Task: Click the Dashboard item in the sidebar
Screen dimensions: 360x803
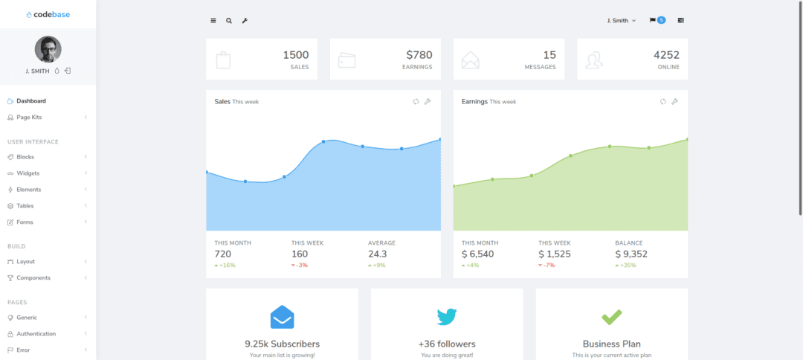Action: pyautogui.click(x=30, y=101)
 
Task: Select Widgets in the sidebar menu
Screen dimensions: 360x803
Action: pyautogui.click(x=28, y=173)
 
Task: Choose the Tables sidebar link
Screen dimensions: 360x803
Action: pyautogui.click(x=25, y=206)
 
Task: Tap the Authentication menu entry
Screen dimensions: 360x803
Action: pyautogui.click(x=36, y=334)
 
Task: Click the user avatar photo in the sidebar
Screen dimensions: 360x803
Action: pyautogui.click(x=48, y=49)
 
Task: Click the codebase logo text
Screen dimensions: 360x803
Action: pyautogui.click(x=51, y=14)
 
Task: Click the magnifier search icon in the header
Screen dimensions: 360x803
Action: pyautogui.click(x=229, y=21)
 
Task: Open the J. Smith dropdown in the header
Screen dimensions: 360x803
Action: pyautogui.click(x=622, y=21)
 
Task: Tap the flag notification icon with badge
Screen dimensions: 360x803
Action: pyautogui.click(x=657, y=20)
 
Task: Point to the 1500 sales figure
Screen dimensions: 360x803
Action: pyautogui.click(x=296, y=55)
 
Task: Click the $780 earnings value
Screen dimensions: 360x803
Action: pyautogui.click(x=419, y=55)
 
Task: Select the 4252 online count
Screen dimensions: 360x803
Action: pyautogui.click(x=666, y=55)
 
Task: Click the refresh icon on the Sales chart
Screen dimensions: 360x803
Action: pyautogui.click(x=416, y=102)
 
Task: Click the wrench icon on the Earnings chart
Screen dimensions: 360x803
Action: pyautogui.click(x=674, y=102)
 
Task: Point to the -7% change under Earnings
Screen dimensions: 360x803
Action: pyautogui.click(x=548, y=266)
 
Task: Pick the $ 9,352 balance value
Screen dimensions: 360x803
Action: pyautogui.click(x=631, y=254)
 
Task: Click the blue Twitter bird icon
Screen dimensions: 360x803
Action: pyautogui.click(x=447, y=317)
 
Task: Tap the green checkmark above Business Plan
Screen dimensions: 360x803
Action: pyautogui.click(x=611, y=317)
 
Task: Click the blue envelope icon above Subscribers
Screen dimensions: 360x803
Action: pyautogui.click(x=282, y=317)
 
